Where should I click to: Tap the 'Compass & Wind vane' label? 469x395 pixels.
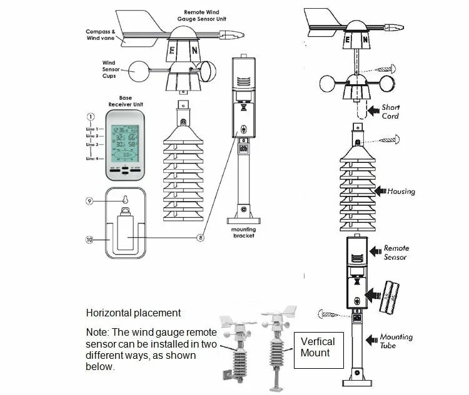(101, 35)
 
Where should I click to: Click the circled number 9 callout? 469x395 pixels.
(91, 201)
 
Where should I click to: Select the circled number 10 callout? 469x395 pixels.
(90, 240)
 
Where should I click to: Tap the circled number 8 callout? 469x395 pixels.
(200, 237)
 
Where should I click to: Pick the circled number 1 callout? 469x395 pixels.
(91, 117)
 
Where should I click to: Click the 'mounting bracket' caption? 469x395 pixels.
(245, 232)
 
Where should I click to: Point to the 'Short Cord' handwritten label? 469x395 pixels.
(390, 112)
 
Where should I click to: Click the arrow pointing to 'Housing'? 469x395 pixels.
(380, 191)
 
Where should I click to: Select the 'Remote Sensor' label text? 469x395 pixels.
(396, 252)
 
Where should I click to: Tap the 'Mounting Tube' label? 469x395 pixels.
(396, 341)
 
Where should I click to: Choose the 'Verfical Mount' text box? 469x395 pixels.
(318, 347)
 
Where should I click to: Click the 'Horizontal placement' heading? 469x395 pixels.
(133, 313)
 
